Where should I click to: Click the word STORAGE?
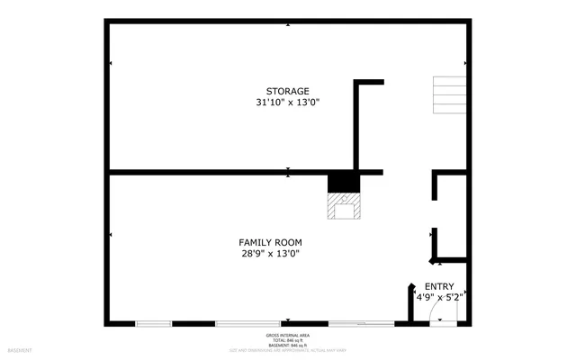(x=287, y=91)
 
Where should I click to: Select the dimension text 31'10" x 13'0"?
(x=287, y=103)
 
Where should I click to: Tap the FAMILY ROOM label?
(x=270, y=242)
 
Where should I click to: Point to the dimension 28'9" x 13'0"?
(x=270, y=254)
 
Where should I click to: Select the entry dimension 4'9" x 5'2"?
(x=439, y=297)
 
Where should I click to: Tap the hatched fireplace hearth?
(x=344, y=209)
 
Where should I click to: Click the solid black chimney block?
(x=343, y=183)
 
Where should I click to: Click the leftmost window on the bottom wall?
(x=153, y=322)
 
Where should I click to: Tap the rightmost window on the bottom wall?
(x=360, y=322)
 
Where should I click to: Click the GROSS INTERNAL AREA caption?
(x=288, y=335)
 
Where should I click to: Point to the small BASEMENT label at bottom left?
(x=20, y=350)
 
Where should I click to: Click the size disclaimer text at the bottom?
(x=288, y=350)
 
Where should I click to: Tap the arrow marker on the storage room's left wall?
(x=110, y=63)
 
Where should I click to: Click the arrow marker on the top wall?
(x=288, y=24)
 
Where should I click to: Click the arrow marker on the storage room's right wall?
(x=465, y=63)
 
